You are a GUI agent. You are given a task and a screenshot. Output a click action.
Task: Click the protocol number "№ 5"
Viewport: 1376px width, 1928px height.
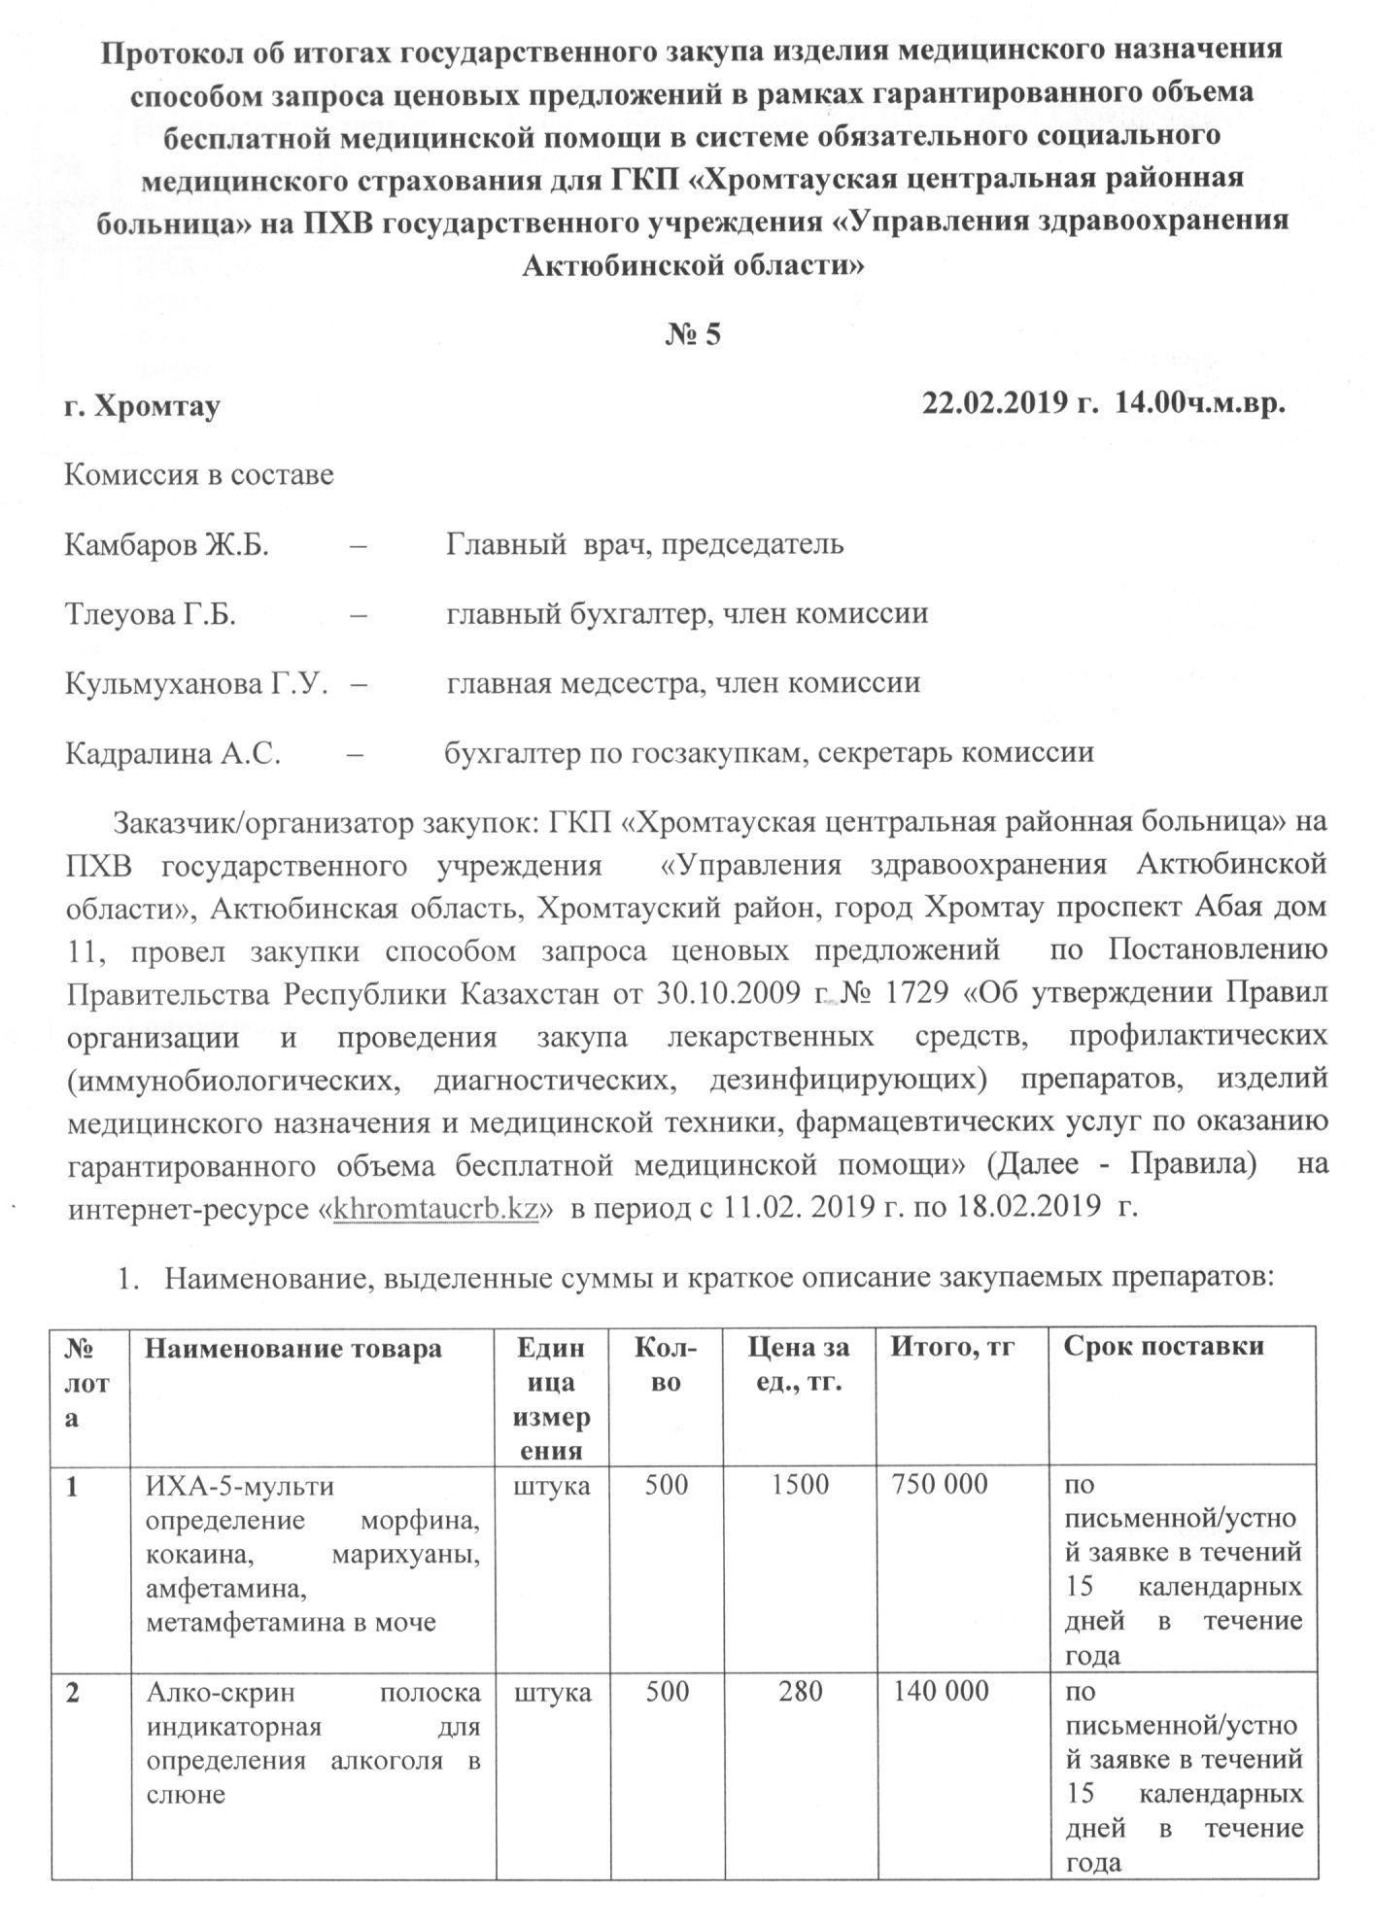point(693,334)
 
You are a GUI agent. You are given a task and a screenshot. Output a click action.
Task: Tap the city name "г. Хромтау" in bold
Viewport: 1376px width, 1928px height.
point(142,405)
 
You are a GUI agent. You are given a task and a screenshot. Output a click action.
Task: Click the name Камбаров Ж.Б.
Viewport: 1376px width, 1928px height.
point(166,544)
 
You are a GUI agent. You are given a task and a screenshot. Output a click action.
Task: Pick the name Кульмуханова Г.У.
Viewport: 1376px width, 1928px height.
point(194,683)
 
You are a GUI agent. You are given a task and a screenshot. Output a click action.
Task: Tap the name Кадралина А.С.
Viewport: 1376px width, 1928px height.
point(173,752)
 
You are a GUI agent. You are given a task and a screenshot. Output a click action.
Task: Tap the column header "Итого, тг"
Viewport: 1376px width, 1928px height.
point(953,1347)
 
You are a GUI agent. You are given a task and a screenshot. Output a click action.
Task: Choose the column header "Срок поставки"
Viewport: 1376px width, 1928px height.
point(1164,1347)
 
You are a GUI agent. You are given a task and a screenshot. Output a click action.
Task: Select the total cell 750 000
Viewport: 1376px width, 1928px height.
point(940,1484)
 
